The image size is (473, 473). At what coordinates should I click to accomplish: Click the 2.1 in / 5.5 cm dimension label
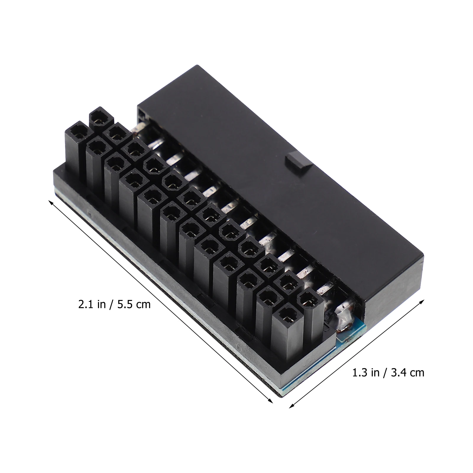[x=114, y=304]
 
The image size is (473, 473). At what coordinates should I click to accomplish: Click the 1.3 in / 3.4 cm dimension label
[x=388, y=372]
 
